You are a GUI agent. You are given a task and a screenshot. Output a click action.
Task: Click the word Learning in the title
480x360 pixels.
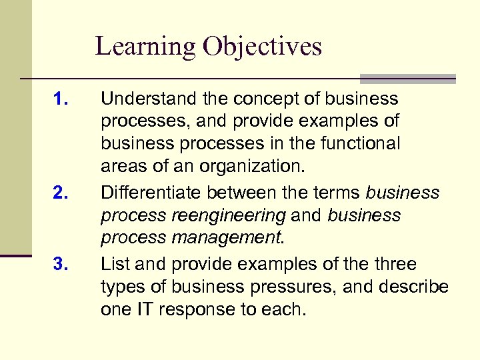click(x=145, y=47)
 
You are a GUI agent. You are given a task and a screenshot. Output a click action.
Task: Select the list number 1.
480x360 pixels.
click(x=61, y=100)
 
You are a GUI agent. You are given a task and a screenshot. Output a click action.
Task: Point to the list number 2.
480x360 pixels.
click(x=61, y=194)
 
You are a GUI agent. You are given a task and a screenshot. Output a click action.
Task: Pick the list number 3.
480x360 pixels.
click(x=61, y=265)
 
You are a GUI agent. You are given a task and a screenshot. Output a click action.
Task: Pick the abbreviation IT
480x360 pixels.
click(x=147, y=310)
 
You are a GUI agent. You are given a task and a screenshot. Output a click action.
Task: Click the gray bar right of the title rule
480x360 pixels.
click(x=407, y=78)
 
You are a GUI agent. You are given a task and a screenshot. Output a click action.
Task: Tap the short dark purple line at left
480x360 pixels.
click(x=16, y=255)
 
